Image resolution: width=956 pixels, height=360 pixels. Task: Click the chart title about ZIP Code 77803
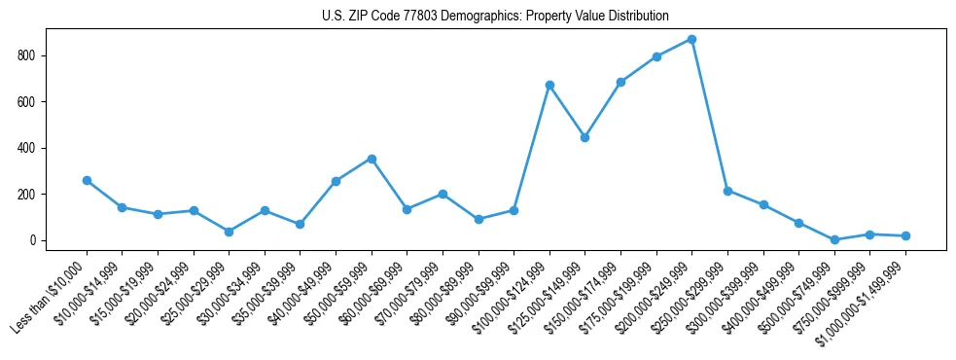[495, 16]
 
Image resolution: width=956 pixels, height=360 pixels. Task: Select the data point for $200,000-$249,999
[691, 39]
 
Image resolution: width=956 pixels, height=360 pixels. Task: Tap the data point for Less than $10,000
[87, 180]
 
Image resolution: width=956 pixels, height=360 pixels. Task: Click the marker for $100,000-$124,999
[549, 85]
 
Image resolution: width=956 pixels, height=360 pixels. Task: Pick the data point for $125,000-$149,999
[584, 137]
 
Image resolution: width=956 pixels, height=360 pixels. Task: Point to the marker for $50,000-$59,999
[372, 159]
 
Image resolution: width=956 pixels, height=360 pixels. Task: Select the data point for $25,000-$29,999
[229, 232]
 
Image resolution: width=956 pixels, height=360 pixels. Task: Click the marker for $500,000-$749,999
[834, 239]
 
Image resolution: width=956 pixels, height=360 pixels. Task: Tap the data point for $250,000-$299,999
[727, 191]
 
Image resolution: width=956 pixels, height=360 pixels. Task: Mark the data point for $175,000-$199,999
[656, 56]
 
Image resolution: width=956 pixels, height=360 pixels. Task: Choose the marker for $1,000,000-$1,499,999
[905, 235]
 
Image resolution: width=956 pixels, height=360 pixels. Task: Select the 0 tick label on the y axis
[33, 240]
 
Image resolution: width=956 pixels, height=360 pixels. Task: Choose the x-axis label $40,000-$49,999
[298, 293]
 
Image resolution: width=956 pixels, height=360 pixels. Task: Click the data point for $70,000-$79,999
[443, 194]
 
